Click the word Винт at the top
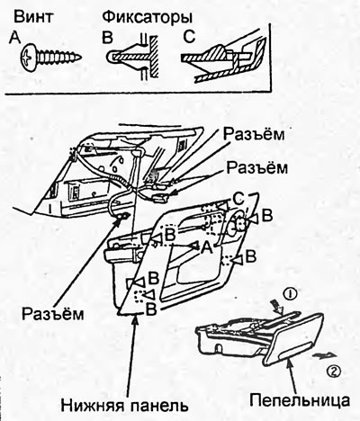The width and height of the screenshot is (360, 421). pyautogui.click(x=32, y=17)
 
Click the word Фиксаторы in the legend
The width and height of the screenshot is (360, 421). pyautogui.click(x=148, y=18)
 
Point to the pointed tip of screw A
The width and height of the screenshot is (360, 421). pyautogui.click(x=80, y=57)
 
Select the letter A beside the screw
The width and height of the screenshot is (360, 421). pyautogui.click(x=14, y=39)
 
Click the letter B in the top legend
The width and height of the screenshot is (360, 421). pyautogui.click(x=107, y=39)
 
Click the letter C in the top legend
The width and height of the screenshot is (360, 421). pyautogui.click(x=189, y=38)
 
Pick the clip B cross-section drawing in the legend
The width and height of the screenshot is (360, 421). pyautogui.click(x=133, y=57)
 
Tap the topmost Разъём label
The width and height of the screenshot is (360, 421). pyautogui.click(x=254, y=135)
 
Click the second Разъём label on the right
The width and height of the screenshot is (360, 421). pyautogui.click(x=256, y=168)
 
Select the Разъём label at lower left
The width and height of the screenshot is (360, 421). pyautogui.click(x=53, y=314)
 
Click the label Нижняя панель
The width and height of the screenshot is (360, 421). pyautogui.click(x=124, y=406)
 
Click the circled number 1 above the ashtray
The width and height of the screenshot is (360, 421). pyautogui.click(x=290, y=295)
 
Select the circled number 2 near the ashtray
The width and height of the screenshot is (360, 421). pyautogui.click(x=333, y=372)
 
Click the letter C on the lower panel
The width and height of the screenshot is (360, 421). pyautogui.click(x=238, y=201)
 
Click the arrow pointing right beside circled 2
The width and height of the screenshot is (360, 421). pyautogui.click(x=325, y=355)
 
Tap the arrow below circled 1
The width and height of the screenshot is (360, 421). pyautogui.click(x=275, y=308)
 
